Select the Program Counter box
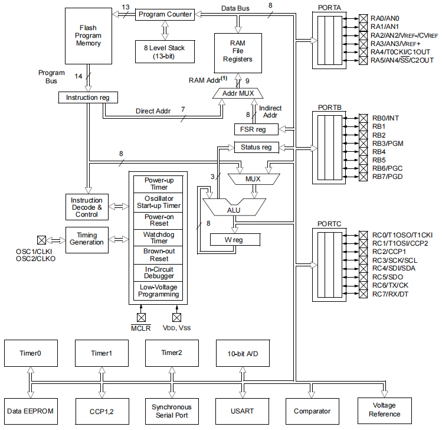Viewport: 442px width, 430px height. click(x=165, y=14)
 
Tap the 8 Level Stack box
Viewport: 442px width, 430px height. click(x=165, y=51)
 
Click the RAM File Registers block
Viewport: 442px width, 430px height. click(x=238, y=51)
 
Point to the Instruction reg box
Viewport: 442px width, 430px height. click(x=88, y=97)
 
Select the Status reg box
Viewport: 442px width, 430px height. click(x=256, y=147)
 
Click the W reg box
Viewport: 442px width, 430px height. click(x=235, y=239)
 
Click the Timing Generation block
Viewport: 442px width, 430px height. click(x=87, y=239)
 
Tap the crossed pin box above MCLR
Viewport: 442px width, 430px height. click(x=141, y=317)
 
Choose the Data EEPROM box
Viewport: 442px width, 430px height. click(x=30, y=411)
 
